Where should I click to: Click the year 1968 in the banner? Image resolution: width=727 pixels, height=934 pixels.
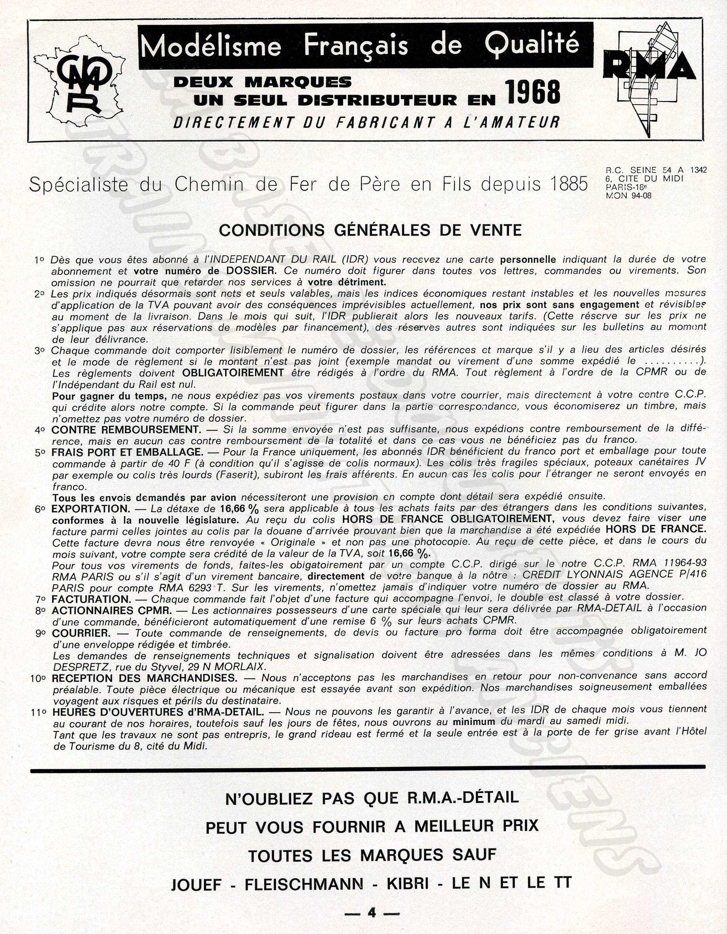[532, 93]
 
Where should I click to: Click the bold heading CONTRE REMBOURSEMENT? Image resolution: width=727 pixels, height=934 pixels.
[126, 429]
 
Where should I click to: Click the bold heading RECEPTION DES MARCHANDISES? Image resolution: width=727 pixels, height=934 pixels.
[144, 678]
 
